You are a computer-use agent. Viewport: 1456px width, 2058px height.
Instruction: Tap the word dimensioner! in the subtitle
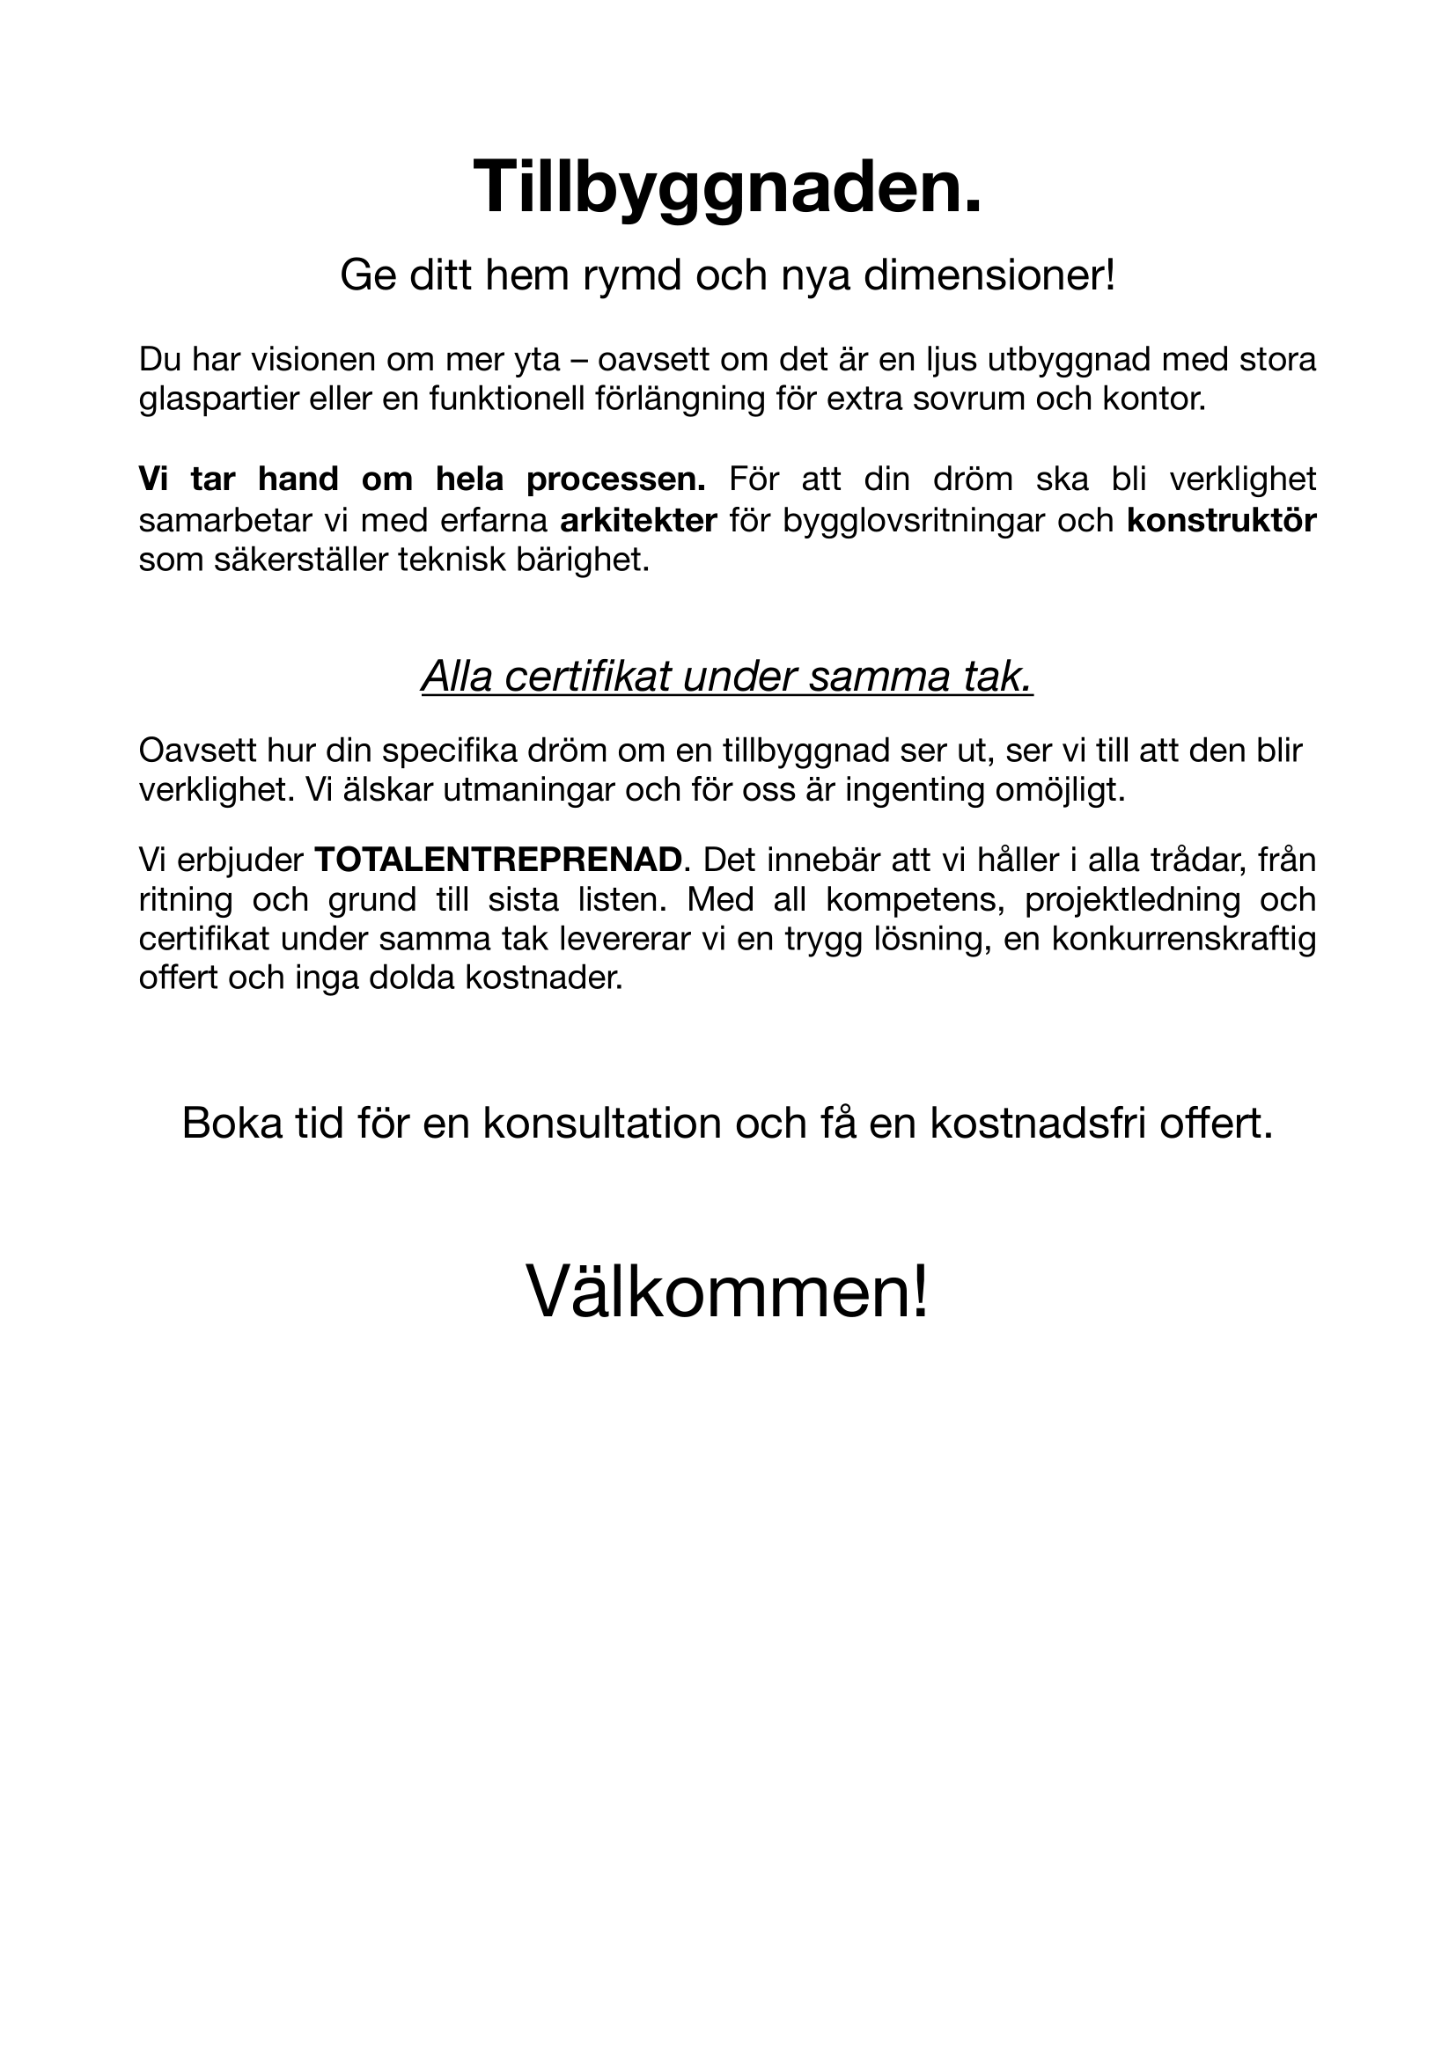click(989, 276)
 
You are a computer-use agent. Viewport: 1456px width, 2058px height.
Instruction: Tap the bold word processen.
click(616, 480)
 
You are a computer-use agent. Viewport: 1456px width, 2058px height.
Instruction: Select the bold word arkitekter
click(638, 520)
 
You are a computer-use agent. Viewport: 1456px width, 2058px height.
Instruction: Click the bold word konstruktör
click(1221, 520)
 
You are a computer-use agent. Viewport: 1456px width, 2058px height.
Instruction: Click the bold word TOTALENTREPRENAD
click(498, 860)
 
